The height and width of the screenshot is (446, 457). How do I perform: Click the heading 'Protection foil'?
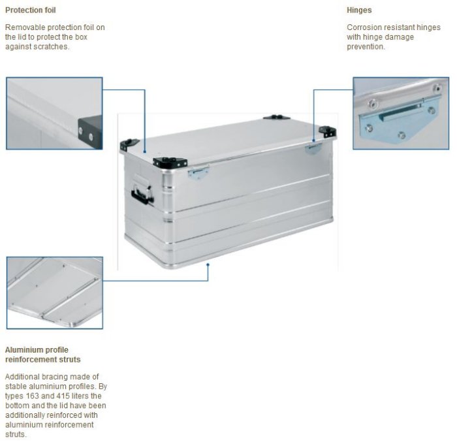pos(30,10)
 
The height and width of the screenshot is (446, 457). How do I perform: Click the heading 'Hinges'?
pos(359,10)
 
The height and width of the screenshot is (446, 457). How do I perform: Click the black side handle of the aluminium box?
pos(142,195)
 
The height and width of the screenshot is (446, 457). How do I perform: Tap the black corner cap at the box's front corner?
pos(170,163)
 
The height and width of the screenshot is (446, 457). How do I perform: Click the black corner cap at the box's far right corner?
pos(327,131)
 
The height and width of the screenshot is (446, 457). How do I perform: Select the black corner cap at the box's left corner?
pos(129,144)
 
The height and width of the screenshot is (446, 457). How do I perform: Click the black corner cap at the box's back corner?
pos(276,118)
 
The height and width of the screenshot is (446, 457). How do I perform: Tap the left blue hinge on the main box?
pos(198,172)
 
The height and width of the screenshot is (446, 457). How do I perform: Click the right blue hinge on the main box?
pos(313,148)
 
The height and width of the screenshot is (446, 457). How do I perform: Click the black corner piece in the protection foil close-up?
pos(90,132)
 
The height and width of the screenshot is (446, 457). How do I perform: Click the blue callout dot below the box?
pos(208,264)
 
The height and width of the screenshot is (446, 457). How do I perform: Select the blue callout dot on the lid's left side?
pos(144,151)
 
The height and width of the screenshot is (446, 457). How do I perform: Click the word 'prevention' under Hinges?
pos(366,46)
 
